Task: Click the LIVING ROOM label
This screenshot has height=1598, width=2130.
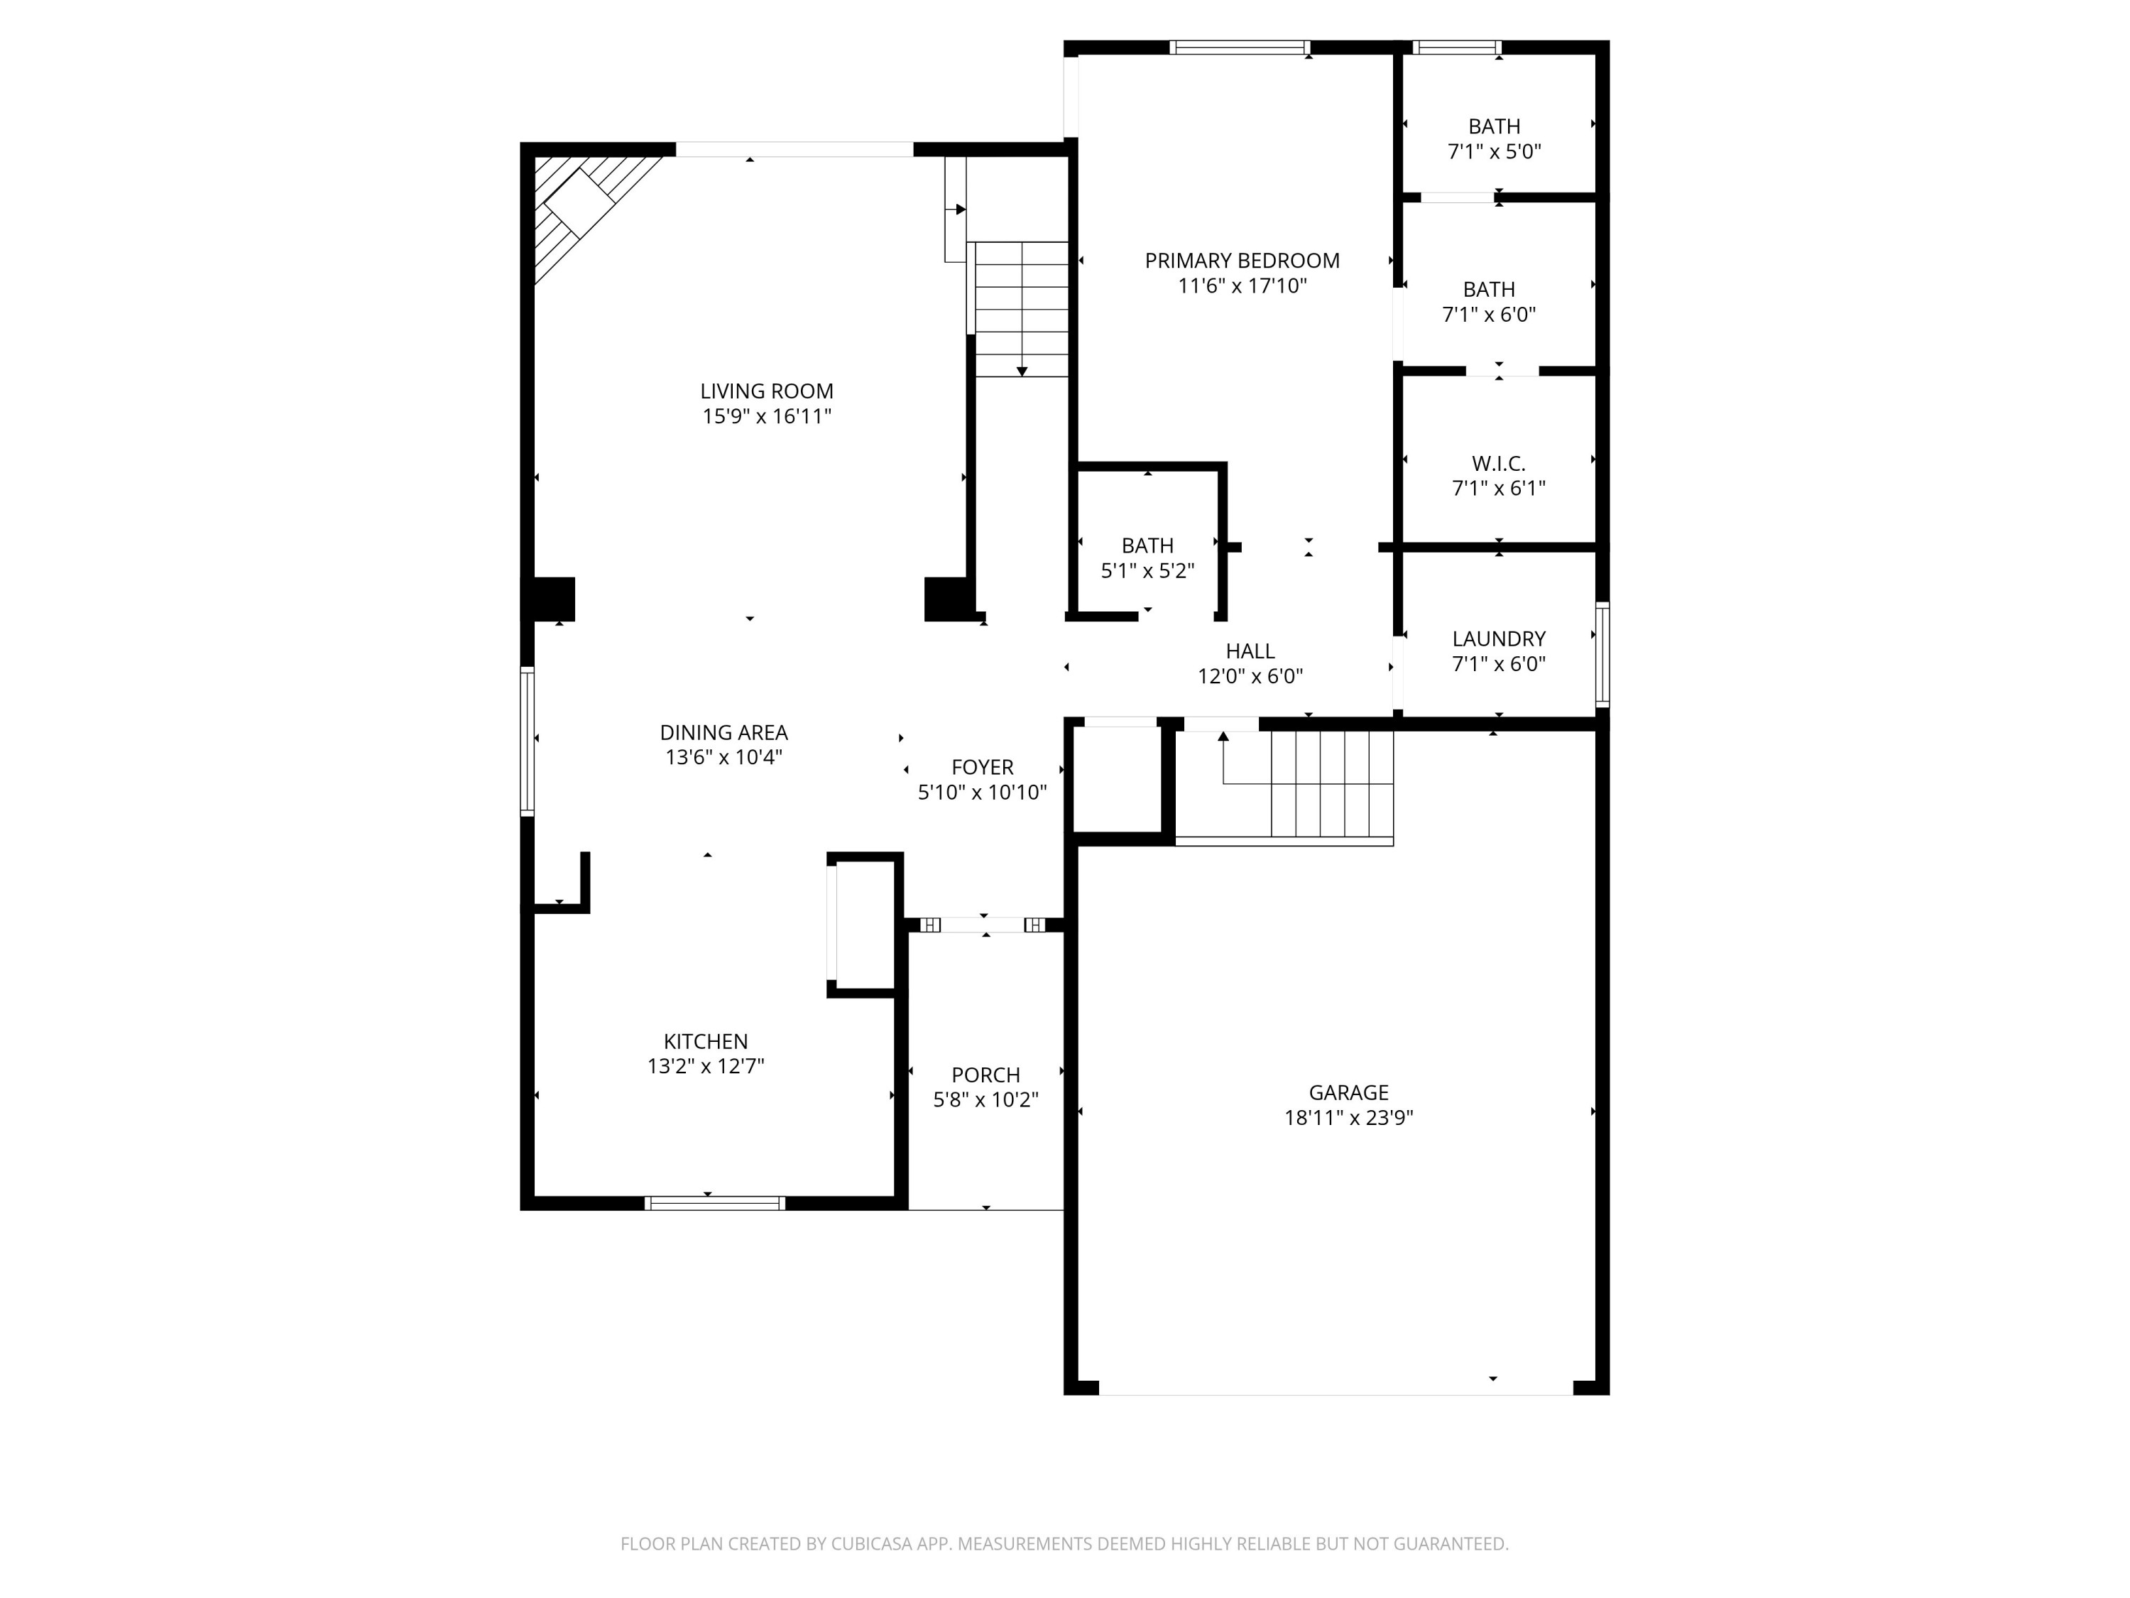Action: coord(767,391)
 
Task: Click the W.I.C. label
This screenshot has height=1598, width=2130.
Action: coord(1498,463)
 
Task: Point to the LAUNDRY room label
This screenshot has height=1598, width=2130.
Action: coord(1498,638)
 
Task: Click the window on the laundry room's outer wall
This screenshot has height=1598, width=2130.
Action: coord(1602,655)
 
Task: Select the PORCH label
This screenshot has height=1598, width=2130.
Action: coord(985,1075)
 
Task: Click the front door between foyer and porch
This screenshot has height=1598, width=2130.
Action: coord(983,925)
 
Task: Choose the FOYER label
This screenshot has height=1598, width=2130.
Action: coord(982,768)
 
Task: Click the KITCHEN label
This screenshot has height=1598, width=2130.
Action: coord(705,1041)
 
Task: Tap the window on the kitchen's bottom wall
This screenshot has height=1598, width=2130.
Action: coord(714,1203)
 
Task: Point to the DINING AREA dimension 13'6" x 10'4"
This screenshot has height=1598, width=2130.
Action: coord(723,758)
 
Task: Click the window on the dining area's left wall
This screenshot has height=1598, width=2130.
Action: coord(528,741)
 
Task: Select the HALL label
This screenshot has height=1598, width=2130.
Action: coord(1250,651)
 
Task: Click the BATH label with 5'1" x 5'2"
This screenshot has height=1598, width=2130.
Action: coord(1147,545)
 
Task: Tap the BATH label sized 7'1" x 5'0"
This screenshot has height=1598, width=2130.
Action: coord(1494,126)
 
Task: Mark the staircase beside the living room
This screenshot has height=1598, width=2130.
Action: coord(1021,308)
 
